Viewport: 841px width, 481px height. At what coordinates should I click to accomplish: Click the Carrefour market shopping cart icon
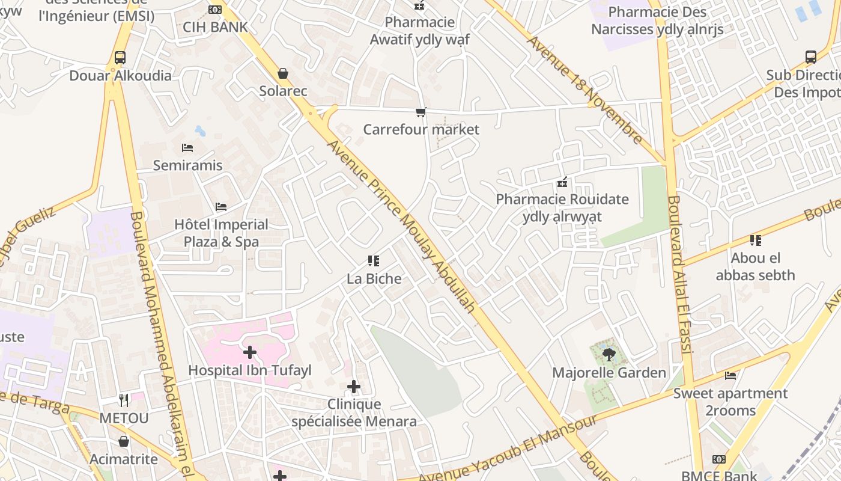click(421, 112)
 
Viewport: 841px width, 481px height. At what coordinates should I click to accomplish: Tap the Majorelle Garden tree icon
click(609, 355)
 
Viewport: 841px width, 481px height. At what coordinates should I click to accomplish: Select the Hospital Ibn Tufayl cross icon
click(250, 352)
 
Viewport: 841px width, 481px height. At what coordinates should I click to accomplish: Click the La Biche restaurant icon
click(374, 261)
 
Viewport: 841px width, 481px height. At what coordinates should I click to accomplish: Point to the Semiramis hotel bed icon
click(187, 147)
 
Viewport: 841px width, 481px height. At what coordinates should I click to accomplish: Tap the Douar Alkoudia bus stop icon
click(120, 58)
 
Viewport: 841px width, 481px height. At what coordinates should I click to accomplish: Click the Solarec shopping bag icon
click(283, 73)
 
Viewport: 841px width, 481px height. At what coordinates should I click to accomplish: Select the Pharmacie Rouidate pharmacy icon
click(562, 182)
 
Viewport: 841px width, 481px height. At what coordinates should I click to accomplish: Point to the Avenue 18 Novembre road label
click(584, 90)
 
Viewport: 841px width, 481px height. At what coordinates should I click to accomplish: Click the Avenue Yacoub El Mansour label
click(508, 448)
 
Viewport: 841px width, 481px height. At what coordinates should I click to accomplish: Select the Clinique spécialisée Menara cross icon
click(354, 387)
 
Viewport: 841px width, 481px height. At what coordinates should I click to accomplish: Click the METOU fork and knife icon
click(124, 400)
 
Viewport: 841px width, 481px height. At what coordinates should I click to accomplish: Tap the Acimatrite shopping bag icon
click(124, 441)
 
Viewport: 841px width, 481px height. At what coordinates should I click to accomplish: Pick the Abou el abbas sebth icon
click(756, 240)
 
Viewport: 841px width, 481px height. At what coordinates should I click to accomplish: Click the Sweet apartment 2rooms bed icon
click(730, 376)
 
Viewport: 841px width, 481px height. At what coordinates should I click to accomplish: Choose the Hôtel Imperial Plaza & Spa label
click(221, 233)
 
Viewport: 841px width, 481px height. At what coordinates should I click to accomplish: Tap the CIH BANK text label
click(215, 27)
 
